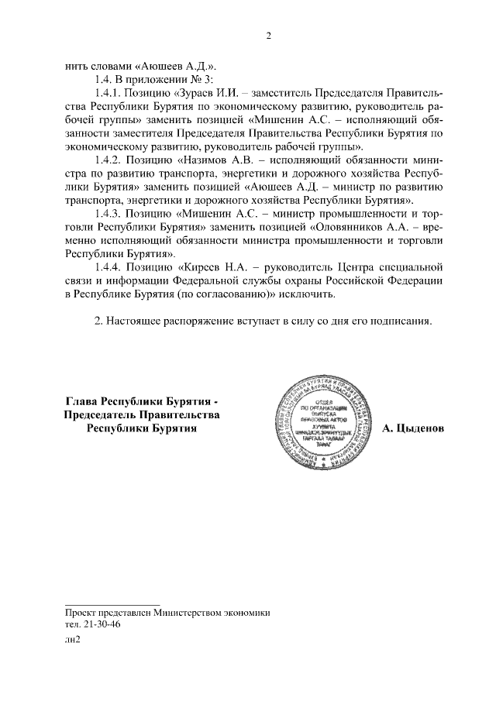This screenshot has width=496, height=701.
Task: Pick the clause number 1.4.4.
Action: (x=106, y=266)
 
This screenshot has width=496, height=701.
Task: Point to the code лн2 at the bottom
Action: (x=73, y=641)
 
